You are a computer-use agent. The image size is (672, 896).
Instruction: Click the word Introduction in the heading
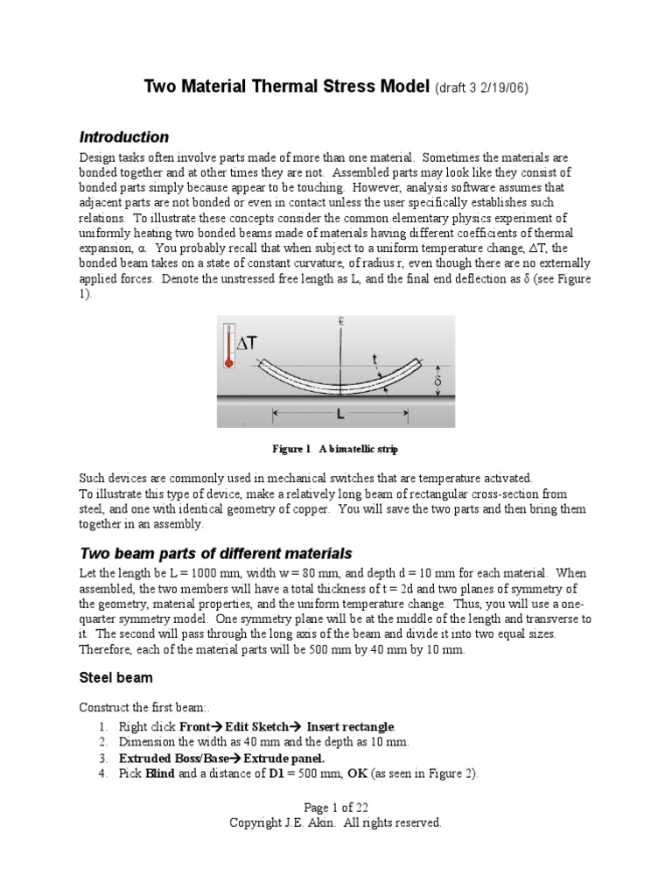[x=124, y=137]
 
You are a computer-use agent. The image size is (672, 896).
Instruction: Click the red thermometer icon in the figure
[x=230, y=345]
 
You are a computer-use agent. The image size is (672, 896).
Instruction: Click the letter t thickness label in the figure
[x=375, y=358]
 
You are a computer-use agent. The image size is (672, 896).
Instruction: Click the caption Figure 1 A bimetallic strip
[x=335, y=450]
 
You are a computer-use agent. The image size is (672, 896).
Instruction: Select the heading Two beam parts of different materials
[x=215, y=554]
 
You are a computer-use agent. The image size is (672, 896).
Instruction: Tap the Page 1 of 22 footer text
[x=335, y=808]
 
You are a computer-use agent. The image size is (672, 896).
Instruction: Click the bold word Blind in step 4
[x=160, y=773]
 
